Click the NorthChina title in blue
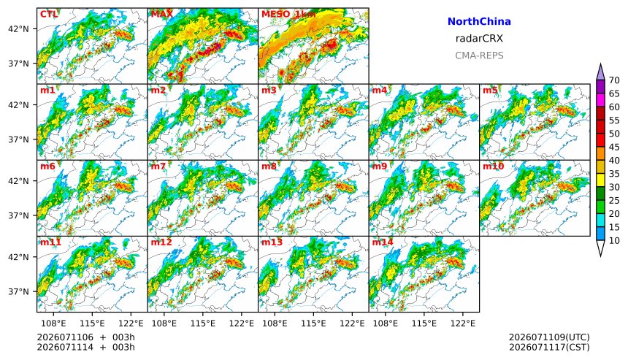pyautogui.click(x=479, y=22)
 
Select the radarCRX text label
pyautogui.click(x=479, y=39)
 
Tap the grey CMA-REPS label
pyautogui.click(x=479, y=55)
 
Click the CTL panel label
pyautogui.click(x=49, y=14)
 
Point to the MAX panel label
pyautogui.click(x=162, y=14)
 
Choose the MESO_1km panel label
pyautogui.click(x=288, y=15)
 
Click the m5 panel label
pyautogui.click(x=490, y=90)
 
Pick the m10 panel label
pyautogui.click(x=493, y=166)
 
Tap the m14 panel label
pyautogui.click(x=383, y=242)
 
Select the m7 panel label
pyautogui.click(x=158, y=166)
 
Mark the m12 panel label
pyautogui.click(x=161, y=242)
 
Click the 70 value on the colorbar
pyautogui.click(x=614, y=80)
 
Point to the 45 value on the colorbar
pyautogui.click(x=614, y=148)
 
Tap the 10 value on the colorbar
pyautogui.click(x=614, y=241)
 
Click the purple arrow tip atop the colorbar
pyautogui.click(x=600, y=64)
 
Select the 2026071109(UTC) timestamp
pyautogui.click(x=549, y=337)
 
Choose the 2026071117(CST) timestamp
pyautogui.click(x=549, y=347)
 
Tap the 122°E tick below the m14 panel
pyautogui.click(x=464, y=323)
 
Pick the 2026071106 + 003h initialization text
pyautogui.click(x=86, y=337)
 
